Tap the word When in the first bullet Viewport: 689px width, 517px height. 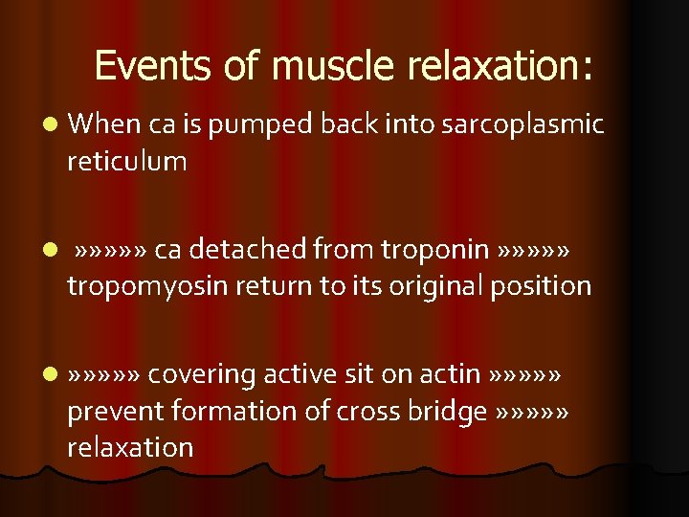click(x=104, y=124)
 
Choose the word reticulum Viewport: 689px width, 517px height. click(x=126, y=161)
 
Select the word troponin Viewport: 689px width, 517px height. click(x=436, y=250)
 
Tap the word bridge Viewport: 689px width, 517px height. click(x=448, y=411)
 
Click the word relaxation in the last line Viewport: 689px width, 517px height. click(x=130, y=447)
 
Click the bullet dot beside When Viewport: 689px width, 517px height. click(x=50, y=124)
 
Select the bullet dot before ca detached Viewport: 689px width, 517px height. click(x=50, y=250)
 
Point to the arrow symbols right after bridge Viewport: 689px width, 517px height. click(x=534, y=412)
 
